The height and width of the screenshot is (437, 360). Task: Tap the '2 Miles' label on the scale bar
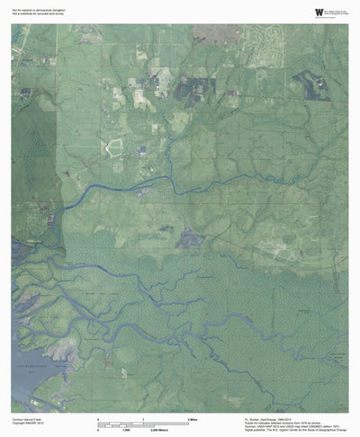191,420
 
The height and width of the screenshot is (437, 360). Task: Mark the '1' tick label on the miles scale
144,420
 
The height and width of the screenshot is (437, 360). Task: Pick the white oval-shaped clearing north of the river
115,147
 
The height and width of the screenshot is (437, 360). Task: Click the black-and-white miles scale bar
144,424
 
